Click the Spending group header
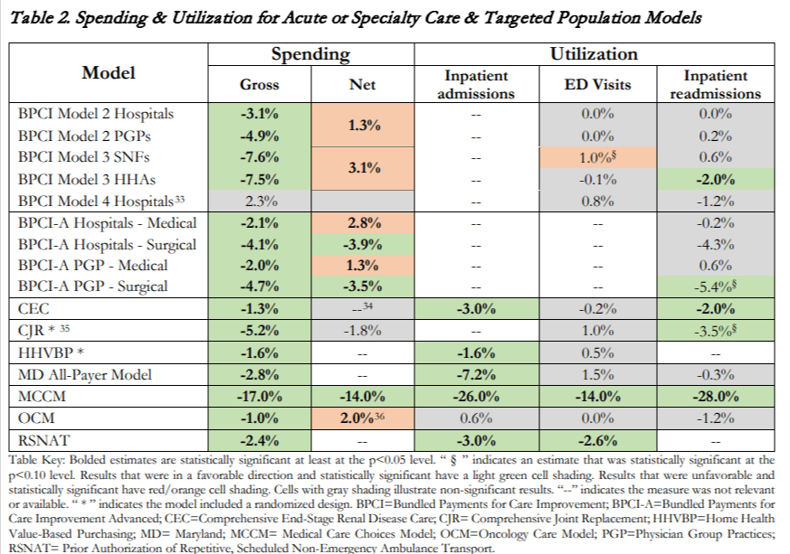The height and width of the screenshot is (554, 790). [310, 55]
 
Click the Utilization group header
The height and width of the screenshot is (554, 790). [594, 55]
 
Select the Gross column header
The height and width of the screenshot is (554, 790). [260, 85]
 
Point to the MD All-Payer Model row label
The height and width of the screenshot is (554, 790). [83, 373]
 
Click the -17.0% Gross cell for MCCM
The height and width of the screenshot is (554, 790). [260, 396]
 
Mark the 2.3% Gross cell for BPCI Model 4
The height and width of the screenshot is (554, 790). [260, 201]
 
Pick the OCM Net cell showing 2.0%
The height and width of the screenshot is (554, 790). [362, 418]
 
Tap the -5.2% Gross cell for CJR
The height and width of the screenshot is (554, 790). [260, 330]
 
